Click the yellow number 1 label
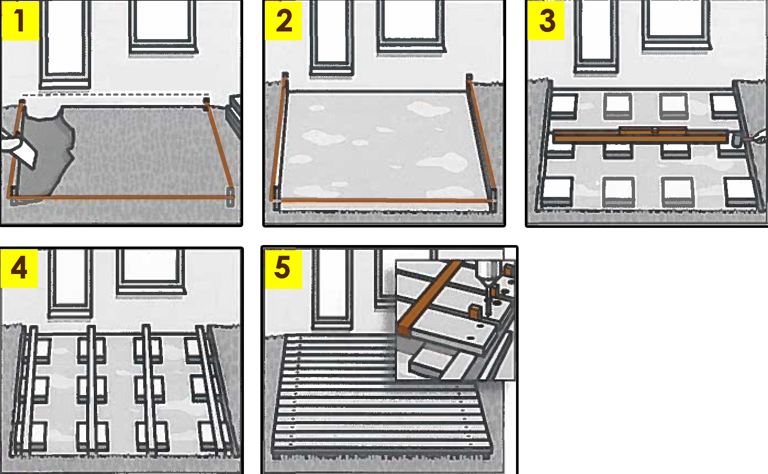[x=21, y=21]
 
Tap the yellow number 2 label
[x=283, y=21]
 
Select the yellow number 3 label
[x=546, y=21]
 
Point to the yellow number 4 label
[x=19, y=268]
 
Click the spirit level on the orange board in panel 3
[x=653, y=130]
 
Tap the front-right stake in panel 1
[x=230, y=197]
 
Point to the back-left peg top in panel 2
[x=285, y=75]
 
